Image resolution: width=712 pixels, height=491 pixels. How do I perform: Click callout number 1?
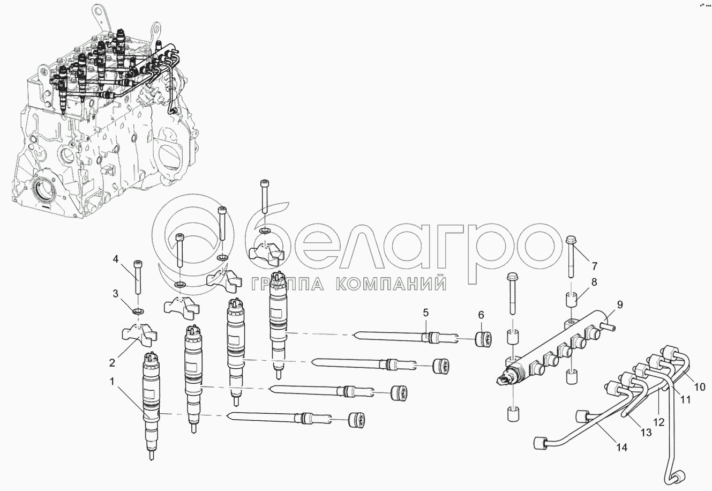tap(111, 382)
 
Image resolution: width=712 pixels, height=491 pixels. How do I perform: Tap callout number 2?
tap(112, 362)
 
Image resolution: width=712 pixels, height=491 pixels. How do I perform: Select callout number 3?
tap(115, 294)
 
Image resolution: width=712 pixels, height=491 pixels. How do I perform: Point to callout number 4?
tap(115, 259)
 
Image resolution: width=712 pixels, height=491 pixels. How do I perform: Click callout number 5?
tap(425, 313)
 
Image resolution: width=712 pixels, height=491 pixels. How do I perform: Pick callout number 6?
tap(481, 315)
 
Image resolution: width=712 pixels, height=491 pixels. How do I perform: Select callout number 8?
tap(594, 282)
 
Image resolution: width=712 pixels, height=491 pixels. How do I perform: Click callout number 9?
tap(620, 304)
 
